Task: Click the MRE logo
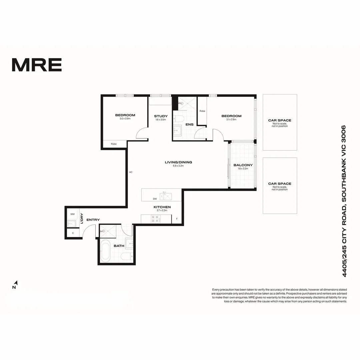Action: pyautogui.click(x=37, y=65)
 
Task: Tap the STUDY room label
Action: pyautogui.click(x=161, y=116)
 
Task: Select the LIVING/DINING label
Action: pyautogui.click(x=178, y=162)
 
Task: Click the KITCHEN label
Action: pyautogui.click(x=162, y=207)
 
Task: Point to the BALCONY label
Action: pyautogui.click(x=243, y=165)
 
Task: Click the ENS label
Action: pyautogui.click(x=189, y=125)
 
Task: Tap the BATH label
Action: pyautogui.click(x=119, y=246)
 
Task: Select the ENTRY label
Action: pyautogui.click(x=93, y=220)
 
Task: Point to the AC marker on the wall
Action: pyautogui.click(x=131, y=172)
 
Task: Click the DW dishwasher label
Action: pyautogui.click(x=155, y=199)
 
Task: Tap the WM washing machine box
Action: pyautogui.click(x=72, y=214)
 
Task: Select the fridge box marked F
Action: pyautogui.click(x=177, y=219)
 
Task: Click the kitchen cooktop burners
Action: pyautogui.click(x=156, y=219)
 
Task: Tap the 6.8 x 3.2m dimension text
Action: pyautogui.click(x=178, y=166)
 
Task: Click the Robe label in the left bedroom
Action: pyautogui.click(x=114, y=144)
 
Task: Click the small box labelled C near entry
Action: pyautogui.click(x=73, y=233)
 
